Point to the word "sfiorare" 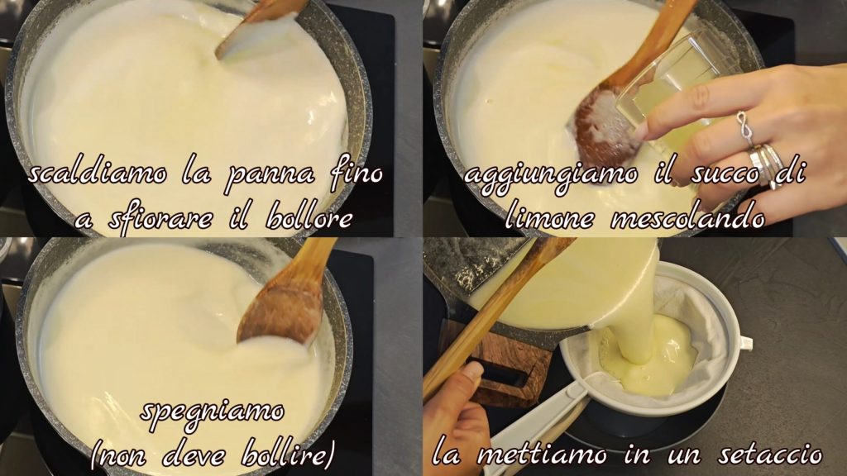pos(159,219)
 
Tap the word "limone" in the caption pos(549,217)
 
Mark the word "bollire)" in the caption pos(288,454)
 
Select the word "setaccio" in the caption pos(770,455)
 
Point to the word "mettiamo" pos(542,455)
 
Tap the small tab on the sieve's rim pos(745,342)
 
